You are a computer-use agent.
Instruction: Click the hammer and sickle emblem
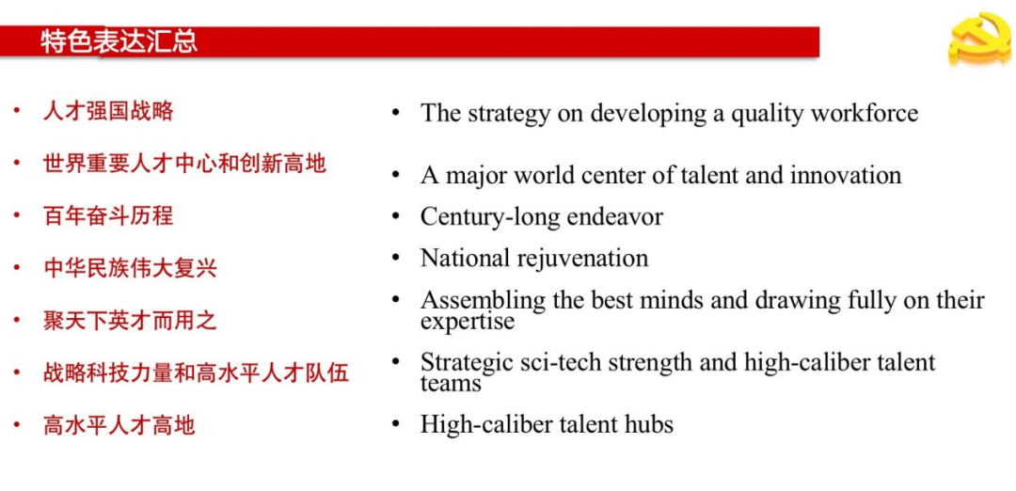click(980, 38)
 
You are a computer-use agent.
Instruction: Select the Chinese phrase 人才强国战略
click(108, 111)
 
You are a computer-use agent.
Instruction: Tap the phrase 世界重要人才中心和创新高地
click(184, 164)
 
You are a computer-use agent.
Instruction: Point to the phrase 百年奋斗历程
click(108, 215)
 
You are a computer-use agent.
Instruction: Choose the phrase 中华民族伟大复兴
click(130, 267)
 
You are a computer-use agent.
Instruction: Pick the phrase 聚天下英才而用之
click(130, 320)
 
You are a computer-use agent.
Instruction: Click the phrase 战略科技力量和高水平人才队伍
click(196, 372)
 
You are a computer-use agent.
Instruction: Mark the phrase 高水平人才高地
click(119, 425)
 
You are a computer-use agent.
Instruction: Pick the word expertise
click(468, 322)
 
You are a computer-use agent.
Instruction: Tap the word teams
click(451, 384)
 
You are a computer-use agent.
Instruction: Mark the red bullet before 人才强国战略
click(17, 111)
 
